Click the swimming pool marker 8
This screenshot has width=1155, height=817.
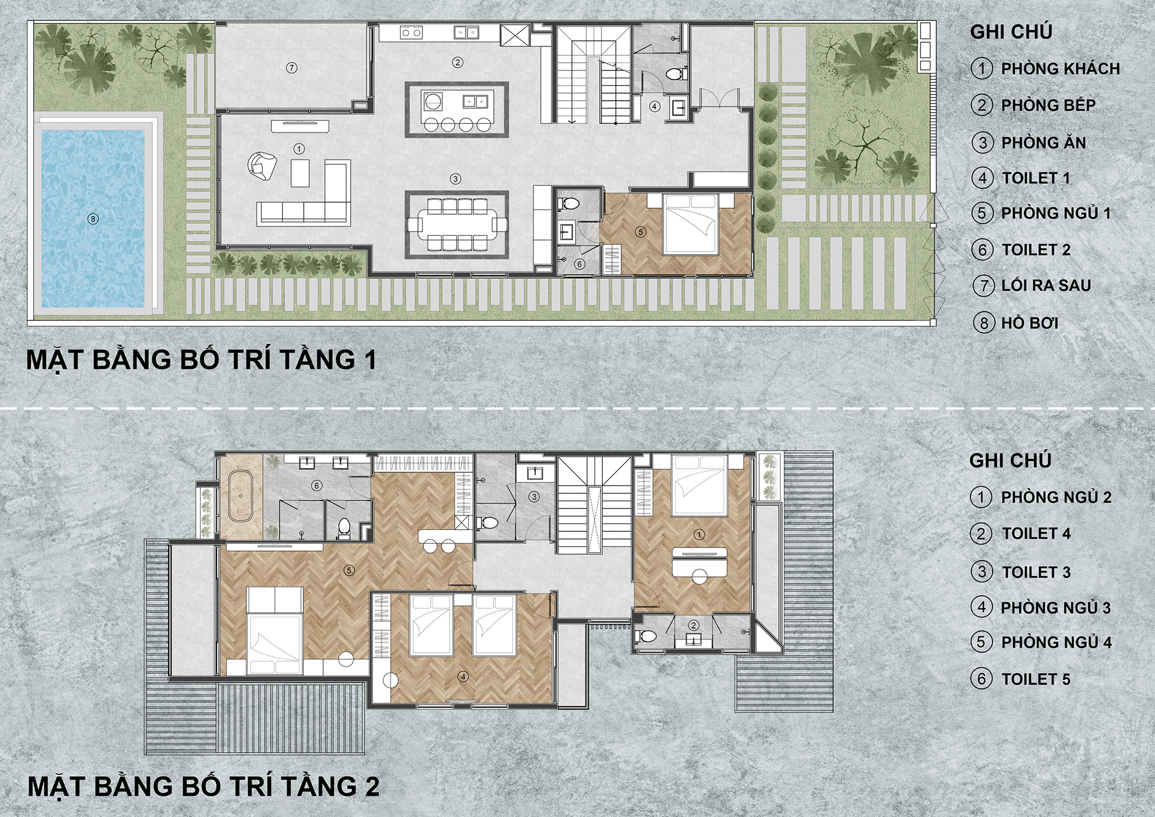[93, 219]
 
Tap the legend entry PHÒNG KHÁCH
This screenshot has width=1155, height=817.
[1060, 69]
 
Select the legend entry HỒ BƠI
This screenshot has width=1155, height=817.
[1029, 323]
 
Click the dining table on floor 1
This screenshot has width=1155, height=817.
[457, 224]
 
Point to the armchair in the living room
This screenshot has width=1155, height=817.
[262, 165]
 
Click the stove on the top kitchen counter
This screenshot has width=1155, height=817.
[411, 32]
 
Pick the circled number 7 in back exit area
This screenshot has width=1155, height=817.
[292, 68]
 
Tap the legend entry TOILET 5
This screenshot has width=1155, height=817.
[1035, 679]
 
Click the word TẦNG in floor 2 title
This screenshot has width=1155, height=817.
[318, 786]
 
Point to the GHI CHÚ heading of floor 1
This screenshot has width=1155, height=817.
[1011, 32]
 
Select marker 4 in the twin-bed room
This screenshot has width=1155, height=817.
[463, 677]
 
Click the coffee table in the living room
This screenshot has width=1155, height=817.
[300, 173]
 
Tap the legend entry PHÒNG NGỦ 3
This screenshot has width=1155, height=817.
[1055, 608]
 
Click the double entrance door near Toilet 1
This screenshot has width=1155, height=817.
[719, 98]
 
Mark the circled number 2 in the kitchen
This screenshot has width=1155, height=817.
[457, 62]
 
